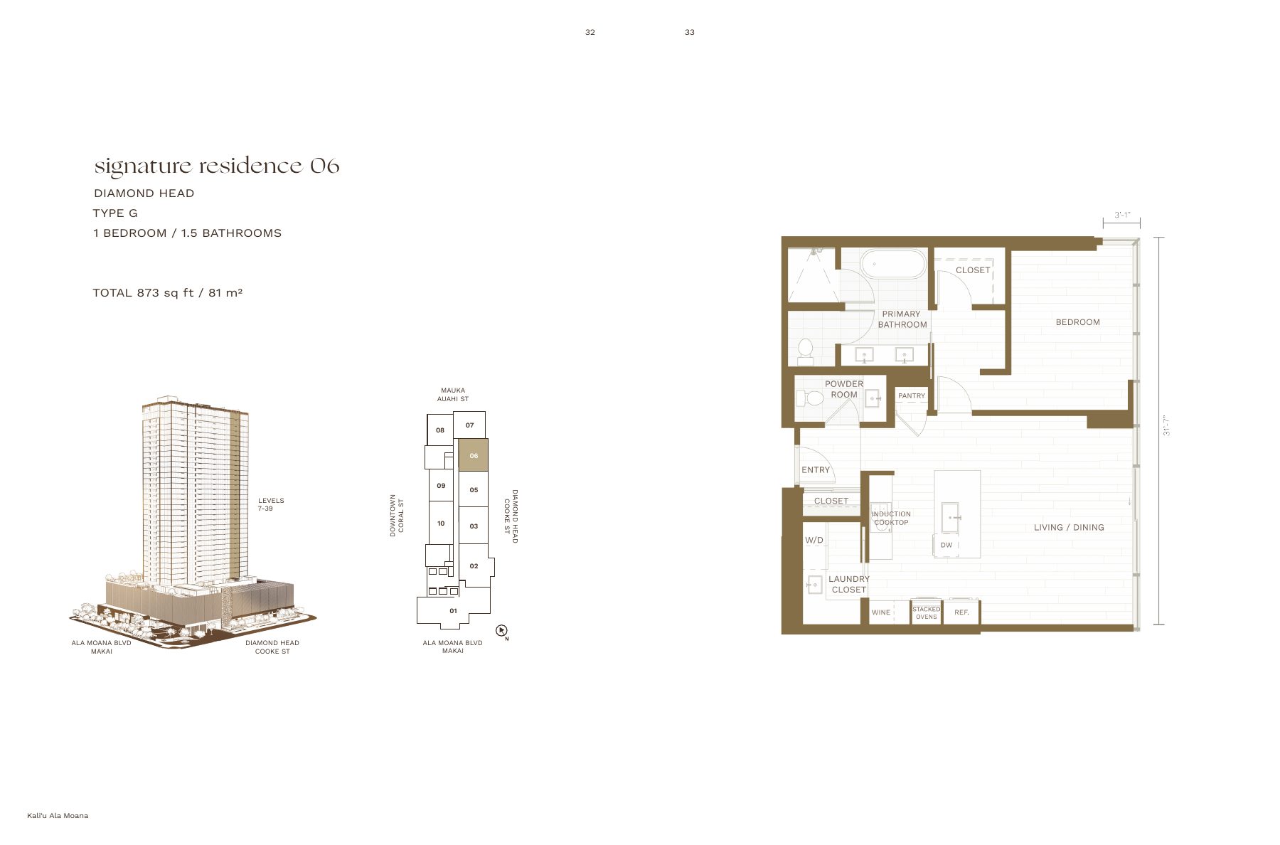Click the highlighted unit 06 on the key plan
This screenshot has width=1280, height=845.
[x=473, y=455]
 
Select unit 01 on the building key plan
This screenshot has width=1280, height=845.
[x=453, y=611]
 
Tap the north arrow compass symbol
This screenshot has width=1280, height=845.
[x=502, y=631]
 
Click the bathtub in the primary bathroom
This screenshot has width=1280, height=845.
[x=893, y=264]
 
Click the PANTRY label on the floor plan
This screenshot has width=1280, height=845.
[x=912, y=396]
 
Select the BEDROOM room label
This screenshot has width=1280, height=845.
[x=1077, y=322]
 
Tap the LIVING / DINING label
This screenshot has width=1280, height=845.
[x=1069, y=528]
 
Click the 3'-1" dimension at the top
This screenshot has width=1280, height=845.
[x=1122, y=215]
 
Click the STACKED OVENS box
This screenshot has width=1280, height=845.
[x=927, y=612]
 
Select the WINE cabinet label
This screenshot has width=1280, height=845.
[x=881, y=612]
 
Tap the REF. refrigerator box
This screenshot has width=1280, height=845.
[x=961, y=612]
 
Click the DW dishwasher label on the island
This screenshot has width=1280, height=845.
[x=946, y=546]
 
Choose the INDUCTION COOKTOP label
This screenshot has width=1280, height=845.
[x=891, y=519]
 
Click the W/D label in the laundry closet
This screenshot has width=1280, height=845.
[x=814, y=541]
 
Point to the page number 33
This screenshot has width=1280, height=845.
[x=690, y=32]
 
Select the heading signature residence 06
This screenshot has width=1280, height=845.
[x=217, y=166]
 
